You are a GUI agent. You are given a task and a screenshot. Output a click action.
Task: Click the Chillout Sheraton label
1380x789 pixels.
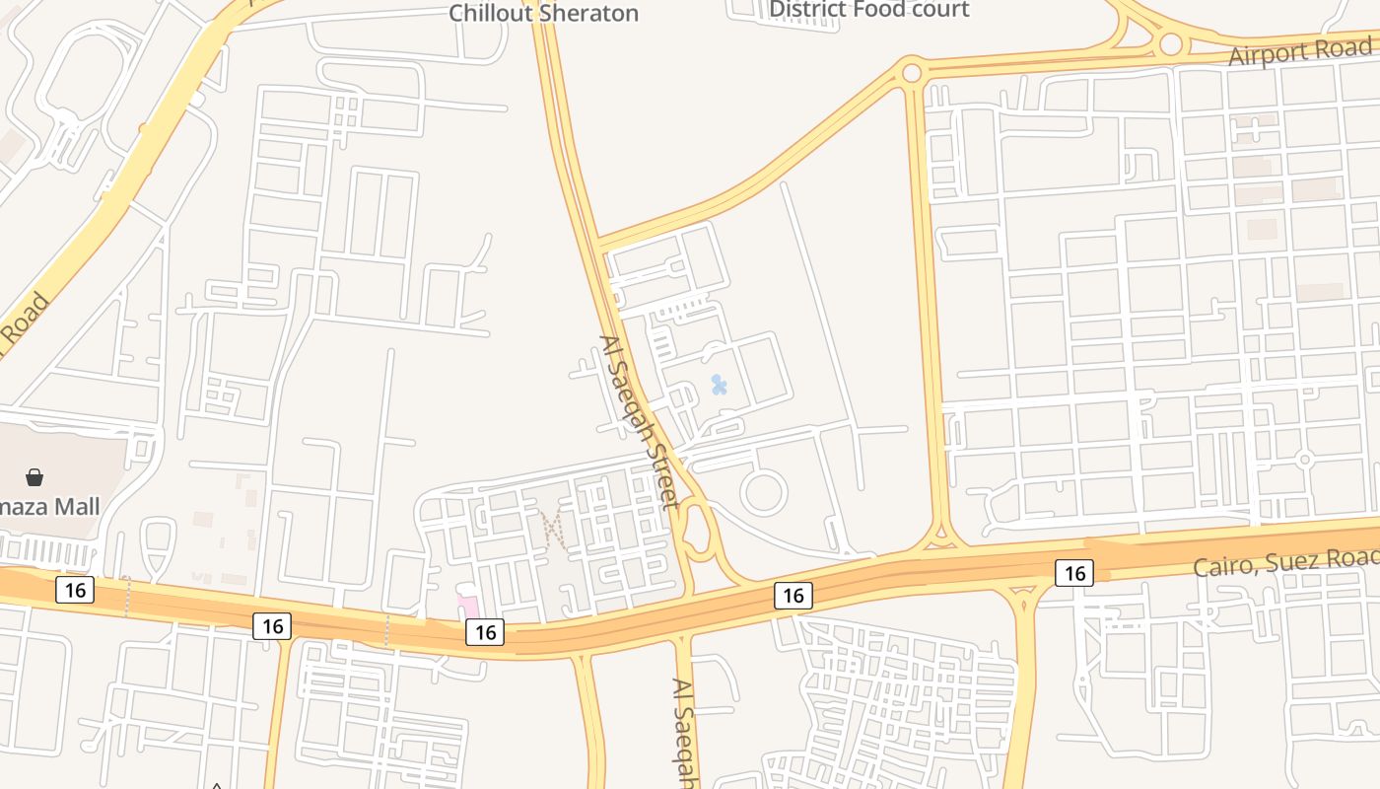click(x=543, y=13)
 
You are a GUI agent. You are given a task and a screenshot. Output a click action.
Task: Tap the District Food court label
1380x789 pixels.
click(x=868, y=10)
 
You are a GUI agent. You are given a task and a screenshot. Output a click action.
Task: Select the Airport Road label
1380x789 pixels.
click(x=1299, y=51)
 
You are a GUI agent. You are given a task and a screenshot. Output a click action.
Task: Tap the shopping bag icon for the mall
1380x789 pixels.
click(x=34, y=477)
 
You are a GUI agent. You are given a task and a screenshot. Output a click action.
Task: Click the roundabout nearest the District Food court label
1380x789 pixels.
click(x=912, y=73)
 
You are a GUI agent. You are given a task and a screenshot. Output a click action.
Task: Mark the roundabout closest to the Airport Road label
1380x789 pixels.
click(x=1170, y=44)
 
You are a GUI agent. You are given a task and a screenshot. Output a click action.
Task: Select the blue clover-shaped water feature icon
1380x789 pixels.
click(x=720, y=385)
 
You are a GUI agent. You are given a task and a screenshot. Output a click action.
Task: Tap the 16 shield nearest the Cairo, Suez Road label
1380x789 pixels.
click(x=1073, y=572)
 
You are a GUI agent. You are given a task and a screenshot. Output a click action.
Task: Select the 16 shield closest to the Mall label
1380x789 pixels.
click(x=75, y=590)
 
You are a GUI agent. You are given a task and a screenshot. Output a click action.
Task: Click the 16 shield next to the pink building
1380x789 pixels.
click(x=485, y=632)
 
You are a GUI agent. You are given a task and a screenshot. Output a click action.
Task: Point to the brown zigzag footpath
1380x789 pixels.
click(x=554, y=530)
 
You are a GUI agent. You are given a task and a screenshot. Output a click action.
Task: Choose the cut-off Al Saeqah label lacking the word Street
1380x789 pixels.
click(x=686, y=730)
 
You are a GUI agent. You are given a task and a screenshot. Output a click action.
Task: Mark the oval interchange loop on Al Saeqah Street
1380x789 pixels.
click(x=698, y=531)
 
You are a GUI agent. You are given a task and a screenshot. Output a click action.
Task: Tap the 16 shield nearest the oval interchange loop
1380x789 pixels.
click(x=793, y=595)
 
